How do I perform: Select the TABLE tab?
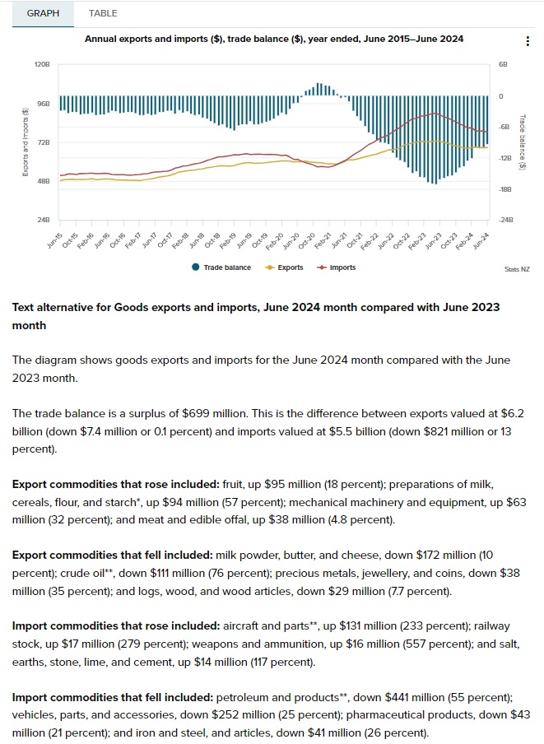tap(103, 13)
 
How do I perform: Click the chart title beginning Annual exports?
tap(273, 39)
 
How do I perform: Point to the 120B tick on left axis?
tap(44, 64)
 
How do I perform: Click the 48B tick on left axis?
tap(44, 182)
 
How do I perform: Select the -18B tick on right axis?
tap(505, 189)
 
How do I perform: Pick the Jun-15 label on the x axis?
tap(53, 240)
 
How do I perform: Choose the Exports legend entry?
tap(285, 267)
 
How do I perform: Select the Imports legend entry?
tap(337, 267)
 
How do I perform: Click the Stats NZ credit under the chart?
tap(517, 269)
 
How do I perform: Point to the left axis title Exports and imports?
tap(26, 142)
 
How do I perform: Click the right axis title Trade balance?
tap(522, 142)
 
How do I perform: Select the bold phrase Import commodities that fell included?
tap(109, 697)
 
